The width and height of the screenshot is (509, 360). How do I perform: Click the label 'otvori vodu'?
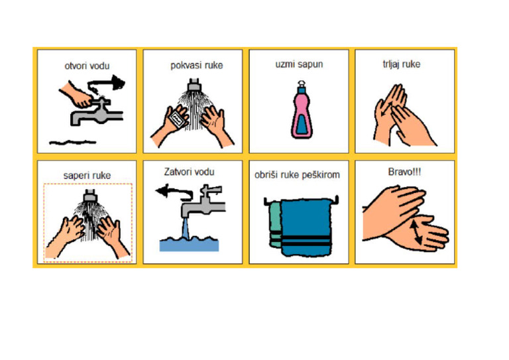tap(87, 66)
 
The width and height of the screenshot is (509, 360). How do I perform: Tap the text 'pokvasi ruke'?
tap(196, 66)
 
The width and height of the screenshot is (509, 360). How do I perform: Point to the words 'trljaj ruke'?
tap(401, 65)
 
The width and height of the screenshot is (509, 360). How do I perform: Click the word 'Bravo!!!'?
tap(404, 172)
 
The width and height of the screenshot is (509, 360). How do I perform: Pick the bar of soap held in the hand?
tap(177, 120)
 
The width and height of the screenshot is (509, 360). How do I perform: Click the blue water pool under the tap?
tap(189, 244)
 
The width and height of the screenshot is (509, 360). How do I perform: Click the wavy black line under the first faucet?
tap(73, 141)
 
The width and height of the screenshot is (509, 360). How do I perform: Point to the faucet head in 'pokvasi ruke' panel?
tap(194, 85)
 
